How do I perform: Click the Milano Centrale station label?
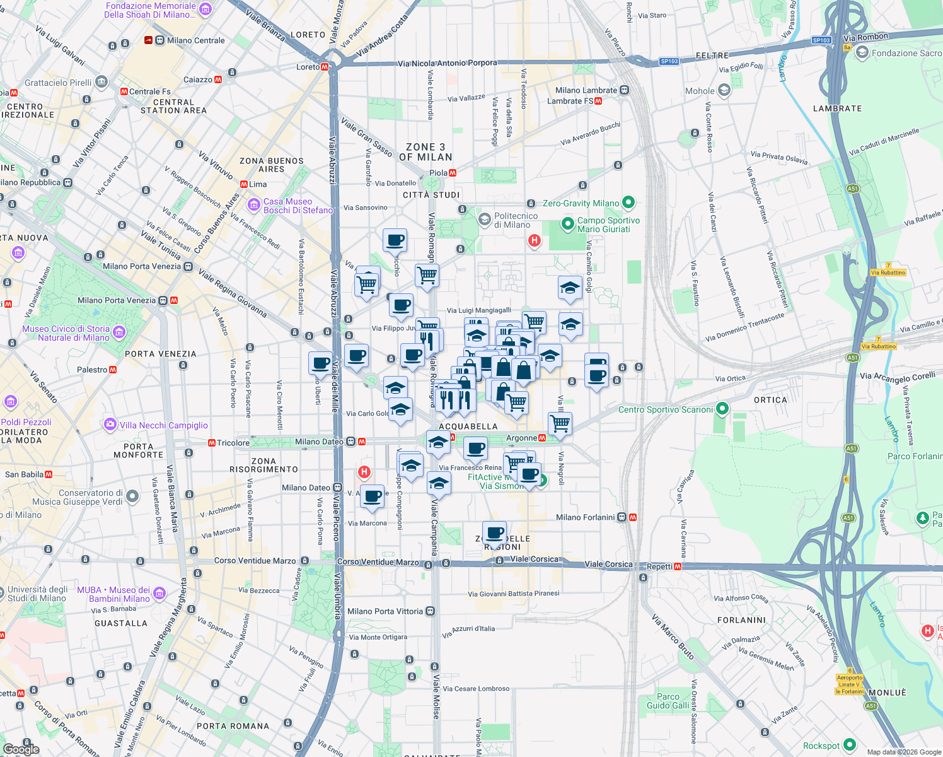(x=195, y=40)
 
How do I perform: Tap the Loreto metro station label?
(x=308, y=67)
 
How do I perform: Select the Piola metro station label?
(x=439, y=173)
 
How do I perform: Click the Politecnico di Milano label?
(x=516, y=220)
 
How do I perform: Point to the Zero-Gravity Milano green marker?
(x=628, y=202)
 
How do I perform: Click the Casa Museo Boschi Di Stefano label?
(x=298, y=206)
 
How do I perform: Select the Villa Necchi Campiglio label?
(x=163, y=425)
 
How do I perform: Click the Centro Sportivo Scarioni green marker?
(x=722, y=409)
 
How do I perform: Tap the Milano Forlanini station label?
(x=586, y=517)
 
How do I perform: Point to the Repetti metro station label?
(x=660, y=566)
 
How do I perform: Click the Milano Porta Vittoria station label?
(x=385, y=611)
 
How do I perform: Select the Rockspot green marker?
(x=849, y=745)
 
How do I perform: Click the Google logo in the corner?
(x=21, y=749)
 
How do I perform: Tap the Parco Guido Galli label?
(x=668, y=701)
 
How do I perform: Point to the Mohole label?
(x=700, y=91)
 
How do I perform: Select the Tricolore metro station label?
(x=233, y=443)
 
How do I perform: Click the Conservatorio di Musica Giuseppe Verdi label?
(x=91, y=497)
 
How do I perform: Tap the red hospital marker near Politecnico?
(x=535, y=240)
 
